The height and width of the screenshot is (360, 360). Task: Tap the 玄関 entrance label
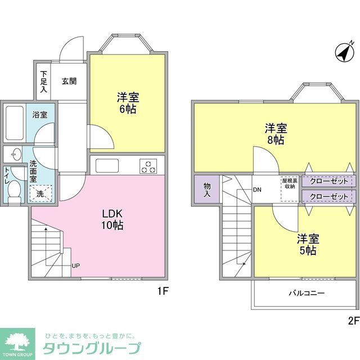69,81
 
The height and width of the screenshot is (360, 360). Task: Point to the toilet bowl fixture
15,191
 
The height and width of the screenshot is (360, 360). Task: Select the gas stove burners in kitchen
148,166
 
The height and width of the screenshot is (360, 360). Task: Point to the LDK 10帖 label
112,220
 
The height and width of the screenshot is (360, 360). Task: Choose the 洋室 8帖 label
275,134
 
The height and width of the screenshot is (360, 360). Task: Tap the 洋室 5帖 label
307,244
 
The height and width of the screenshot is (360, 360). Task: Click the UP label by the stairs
75,265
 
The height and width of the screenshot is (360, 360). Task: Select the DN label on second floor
257,190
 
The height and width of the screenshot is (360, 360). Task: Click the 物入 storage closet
206,189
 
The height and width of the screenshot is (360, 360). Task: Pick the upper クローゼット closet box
328,181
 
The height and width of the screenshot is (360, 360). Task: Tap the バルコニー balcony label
307,293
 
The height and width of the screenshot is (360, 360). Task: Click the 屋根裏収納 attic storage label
290,184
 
